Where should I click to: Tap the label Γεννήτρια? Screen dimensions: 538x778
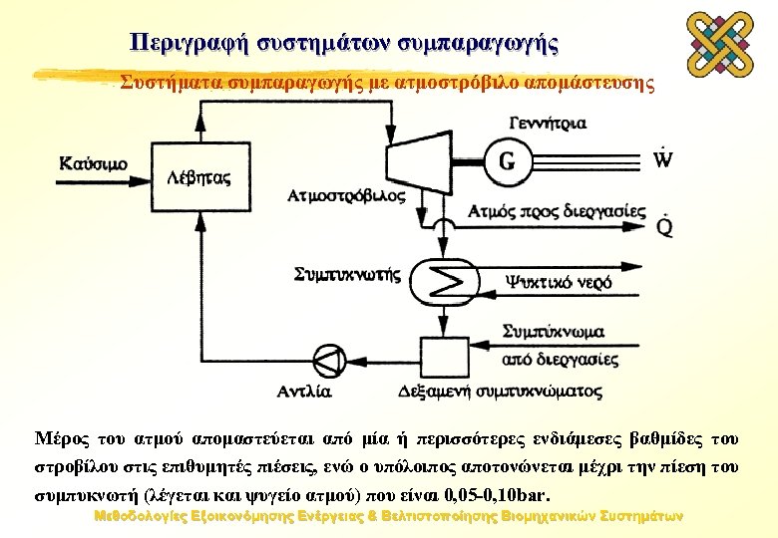pyautogui.click(x=546, y=124)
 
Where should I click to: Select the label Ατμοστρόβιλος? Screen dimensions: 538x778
pyautogui.click(x=346, y=195)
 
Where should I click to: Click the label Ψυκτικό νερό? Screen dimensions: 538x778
pyautogui.click(x=559, y=282)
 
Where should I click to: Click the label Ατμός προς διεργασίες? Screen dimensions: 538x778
pyautogui.click(x=558, y=211)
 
